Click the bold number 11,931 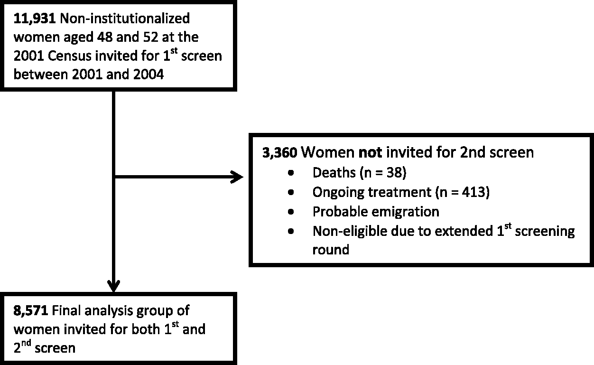(35, 19)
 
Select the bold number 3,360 (280, 153)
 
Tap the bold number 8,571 (31, 311)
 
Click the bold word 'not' (370, 152)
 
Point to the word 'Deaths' (334, 173)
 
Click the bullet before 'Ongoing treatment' (291, 192)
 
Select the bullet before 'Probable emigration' (291, 212)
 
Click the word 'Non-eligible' (350, 232)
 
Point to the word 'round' (331, 250)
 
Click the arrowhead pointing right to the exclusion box (237, 177)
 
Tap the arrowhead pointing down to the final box (113, 286)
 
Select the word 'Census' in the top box (69, 56)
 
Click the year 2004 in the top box (148, 75)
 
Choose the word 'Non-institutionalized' (125, 19)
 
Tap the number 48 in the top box (105, 37)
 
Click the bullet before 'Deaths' (291, 173)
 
